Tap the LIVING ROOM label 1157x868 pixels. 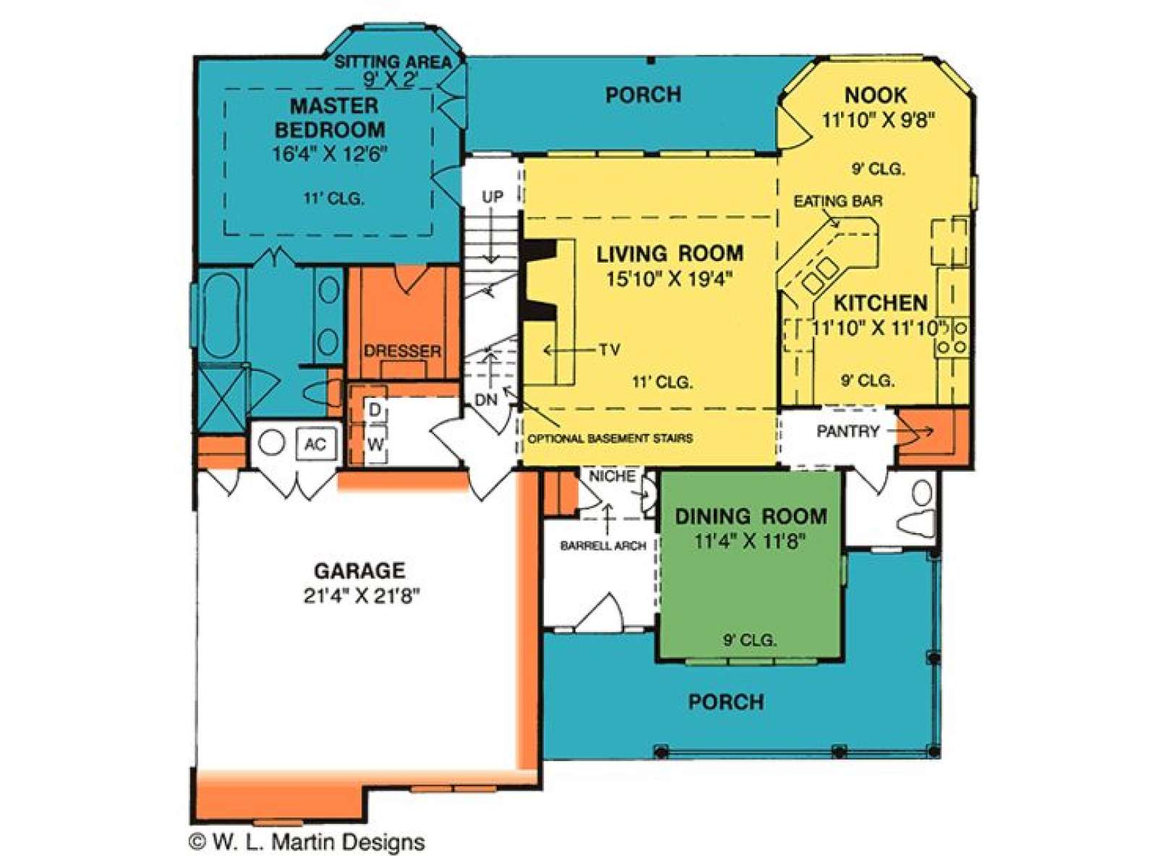(670, 253)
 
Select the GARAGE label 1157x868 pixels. (359, 571)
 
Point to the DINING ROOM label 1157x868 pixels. (751, 516)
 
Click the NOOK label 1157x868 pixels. (876, 95)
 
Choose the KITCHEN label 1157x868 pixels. (881, 303)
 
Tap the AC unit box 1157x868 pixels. (316, 443)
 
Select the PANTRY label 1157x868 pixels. (848, 432)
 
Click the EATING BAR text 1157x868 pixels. (838, 201)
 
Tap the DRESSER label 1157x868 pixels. (402, 351)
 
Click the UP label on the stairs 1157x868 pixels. (492, 197)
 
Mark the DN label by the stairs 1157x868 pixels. (486, 400)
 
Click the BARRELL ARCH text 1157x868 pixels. (603, 546)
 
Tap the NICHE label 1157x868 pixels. (612, 476)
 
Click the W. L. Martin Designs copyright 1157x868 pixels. (307, 842)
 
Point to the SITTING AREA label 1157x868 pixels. (393, 61)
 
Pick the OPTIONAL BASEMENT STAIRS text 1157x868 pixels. (610, 438)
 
